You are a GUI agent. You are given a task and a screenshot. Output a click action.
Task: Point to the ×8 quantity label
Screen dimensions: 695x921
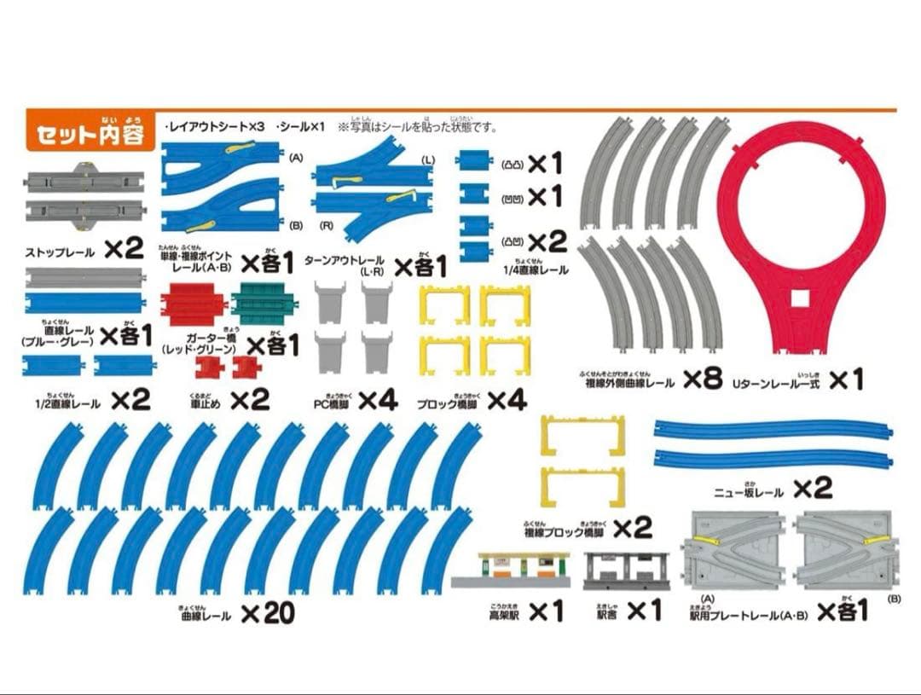[702, 379]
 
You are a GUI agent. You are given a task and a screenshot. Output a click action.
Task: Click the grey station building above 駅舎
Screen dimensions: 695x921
[626, 570]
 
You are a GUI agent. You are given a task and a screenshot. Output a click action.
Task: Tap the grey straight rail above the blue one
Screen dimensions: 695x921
[85, 277]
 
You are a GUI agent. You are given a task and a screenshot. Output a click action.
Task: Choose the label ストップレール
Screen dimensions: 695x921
[60, 252]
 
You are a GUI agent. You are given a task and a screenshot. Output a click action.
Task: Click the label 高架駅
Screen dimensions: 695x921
[502, 612]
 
